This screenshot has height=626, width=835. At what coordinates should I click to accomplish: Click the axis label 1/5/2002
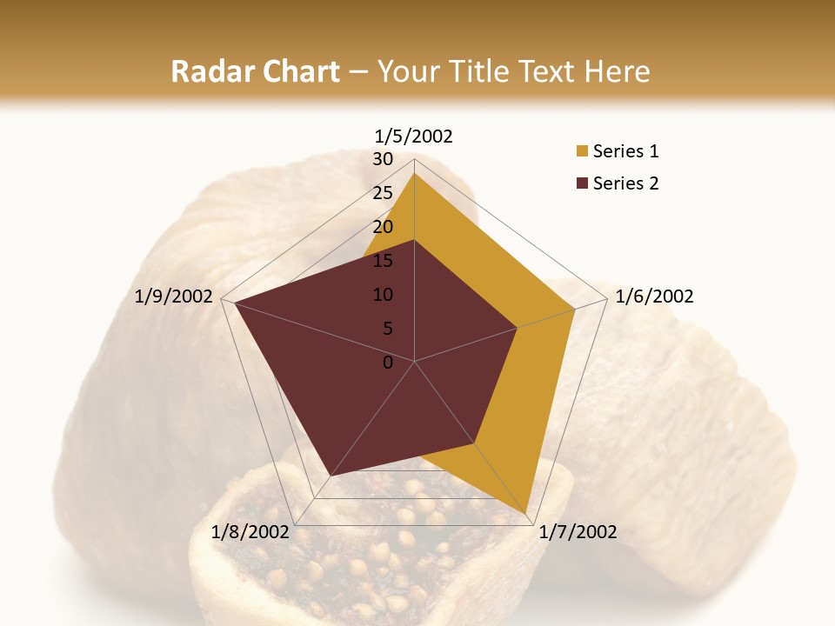coord(414,136)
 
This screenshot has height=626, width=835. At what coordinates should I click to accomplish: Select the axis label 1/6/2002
coord(654,296)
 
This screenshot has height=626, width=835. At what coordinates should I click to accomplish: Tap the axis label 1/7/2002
coord(578,532)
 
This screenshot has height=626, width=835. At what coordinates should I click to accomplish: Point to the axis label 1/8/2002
coord(250,532)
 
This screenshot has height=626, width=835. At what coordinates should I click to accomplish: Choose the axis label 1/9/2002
coord(173,296)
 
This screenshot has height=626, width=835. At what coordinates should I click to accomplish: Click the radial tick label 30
coord(383,159)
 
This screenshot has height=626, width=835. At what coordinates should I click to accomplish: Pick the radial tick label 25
coord(383,193)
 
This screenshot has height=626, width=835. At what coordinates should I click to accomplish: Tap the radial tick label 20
coord(383,227)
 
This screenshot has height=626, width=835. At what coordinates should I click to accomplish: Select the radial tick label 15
coord(383,261)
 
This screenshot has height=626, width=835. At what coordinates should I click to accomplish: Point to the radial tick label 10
coord(383,295)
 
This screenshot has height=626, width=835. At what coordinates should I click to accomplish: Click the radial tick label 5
coord(387,329)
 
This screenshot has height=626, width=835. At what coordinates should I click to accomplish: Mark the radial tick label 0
coord(388,363)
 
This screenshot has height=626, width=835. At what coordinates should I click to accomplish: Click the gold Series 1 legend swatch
coord(582,152)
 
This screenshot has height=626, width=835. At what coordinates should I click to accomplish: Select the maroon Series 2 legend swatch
coord(582,183)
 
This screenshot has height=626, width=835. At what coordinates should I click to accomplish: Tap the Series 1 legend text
coord(625,152)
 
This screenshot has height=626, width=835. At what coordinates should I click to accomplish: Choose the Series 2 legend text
coord(625,183)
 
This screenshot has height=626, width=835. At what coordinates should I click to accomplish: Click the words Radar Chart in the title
coord(255,72)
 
